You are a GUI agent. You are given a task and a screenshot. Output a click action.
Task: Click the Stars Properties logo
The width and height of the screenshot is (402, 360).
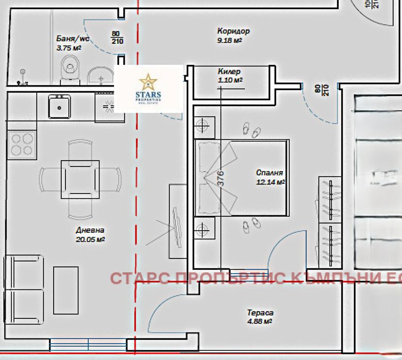[149, 88]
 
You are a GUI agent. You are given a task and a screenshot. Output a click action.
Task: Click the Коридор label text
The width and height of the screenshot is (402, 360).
[233, 31]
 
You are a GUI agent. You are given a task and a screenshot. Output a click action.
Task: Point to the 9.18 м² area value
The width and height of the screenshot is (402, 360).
[230, 40]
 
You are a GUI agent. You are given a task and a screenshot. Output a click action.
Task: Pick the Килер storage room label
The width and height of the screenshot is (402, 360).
[229, 72]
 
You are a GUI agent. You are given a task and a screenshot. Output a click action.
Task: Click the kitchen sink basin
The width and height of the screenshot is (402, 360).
[60, 107]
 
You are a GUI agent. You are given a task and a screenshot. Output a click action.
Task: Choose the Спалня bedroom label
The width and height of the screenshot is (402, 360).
[270, 173]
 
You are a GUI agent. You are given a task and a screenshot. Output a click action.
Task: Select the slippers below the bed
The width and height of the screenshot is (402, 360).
[252, 222]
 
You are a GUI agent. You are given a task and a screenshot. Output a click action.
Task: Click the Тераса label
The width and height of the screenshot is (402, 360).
[260, 313]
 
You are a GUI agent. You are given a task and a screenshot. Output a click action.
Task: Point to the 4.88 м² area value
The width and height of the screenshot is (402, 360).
[259, 321]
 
